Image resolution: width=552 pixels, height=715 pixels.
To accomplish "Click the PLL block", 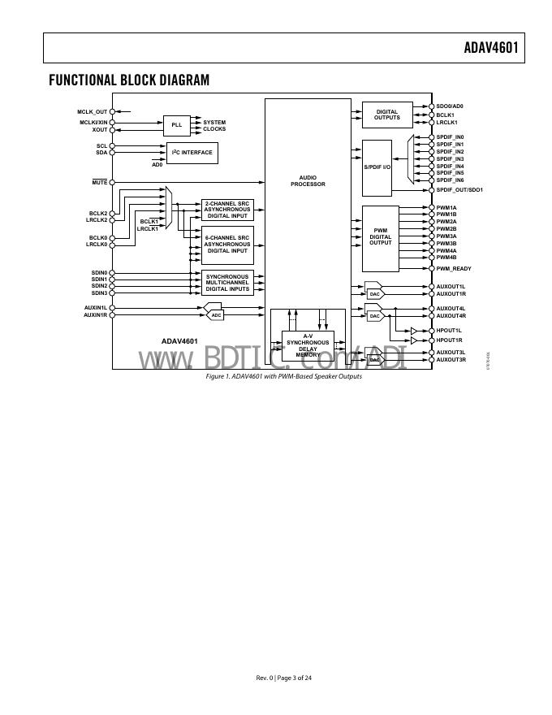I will pos(176,125).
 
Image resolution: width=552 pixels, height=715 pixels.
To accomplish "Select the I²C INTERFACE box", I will pos(192,152).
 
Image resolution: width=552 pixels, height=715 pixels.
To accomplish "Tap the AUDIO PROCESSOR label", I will pos(308,180).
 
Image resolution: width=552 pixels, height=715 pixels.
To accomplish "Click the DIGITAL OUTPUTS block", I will pos(386,115).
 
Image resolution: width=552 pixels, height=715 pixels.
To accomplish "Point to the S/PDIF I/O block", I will pos(377,167).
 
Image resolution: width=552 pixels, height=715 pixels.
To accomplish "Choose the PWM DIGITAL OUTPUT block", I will pos(380,237).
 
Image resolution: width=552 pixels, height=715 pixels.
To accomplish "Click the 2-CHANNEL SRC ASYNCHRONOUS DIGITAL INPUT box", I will pos(227,210).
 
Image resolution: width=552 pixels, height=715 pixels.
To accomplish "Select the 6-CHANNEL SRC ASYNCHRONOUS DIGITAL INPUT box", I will pos(227,244).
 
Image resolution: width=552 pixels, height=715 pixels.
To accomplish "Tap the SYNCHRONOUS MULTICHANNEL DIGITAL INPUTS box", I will pos(227,283).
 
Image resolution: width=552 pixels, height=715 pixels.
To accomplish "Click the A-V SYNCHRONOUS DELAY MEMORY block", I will pos(308,345).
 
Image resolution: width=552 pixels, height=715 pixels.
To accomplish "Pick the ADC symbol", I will pos(215,314).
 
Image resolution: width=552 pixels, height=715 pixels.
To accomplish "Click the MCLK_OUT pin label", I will pos(92,111).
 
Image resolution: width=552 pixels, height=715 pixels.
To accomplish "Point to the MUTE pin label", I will pos(98,182).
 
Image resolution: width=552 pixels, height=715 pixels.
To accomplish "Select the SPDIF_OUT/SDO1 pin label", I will pos(459,189).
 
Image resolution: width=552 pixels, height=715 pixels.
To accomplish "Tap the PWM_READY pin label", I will pos(454,268).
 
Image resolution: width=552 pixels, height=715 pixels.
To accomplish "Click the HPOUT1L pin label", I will pos(449,331).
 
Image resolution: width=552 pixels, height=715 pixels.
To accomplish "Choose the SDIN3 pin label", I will pos(99,292).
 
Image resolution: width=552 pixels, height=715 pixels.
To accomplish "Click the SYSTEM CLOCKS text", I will pos(214,126).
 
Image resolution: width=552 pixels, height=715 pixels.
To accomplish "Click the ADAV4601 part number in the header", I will pos(490,48).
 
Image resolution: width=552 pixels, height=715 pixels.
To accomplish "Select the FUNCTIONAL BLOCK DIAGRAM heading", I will pos(129,80).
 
